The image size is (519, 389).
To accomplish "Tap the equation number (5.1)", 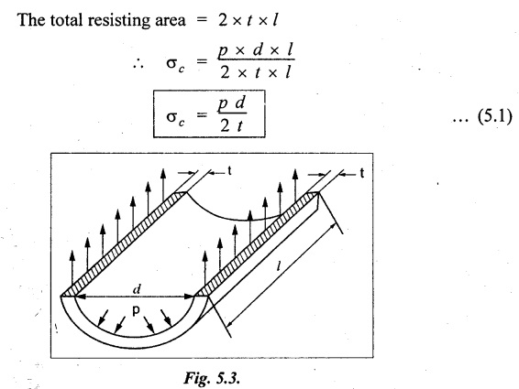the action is tap(494, 116).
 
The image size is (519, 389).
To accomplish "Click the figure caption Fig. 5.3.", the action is tap(212, 377).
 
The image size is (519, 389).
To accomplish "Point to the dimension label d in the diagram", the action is tap(137, 289).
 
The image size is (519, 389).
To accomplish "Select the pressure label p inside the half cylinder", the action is tap(136, 310).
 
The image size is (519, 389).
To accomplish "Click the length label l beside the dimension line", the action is tap(279, 266).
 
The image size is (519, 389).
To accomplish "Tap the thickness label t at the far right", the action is tap(362, 173).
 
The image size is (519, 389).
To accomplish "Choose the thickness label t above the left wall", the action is tap(229, 171).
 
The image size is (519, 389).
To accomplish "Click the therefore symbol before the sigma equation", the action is tap(138, 64).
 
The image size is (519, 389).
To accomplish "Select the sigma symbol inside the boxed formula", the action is tap(175, 118).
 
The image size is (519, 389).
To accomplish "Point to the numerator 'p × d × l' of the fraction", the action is tap(255, 50).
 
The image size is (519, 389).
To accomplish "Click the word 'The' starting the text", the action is tap(31, 20).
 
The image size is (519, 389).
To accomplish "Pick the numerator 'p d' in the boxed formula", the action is tap(231, 104).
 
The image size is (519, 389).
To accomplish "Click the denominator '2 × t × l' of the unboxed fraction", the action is tap(255, 72).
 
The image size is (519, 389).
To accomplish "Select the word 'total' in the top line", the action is tap(67, 20).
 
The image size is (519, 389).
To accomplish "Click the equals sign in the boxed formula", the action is tap(202, 115).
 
